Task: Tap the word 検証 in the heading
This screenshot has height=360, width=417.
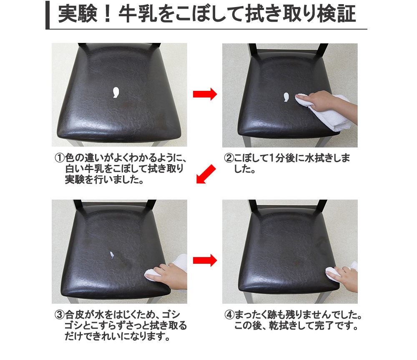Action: (x=340, y=15)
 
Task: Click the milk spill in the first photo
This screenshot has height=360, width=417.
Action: (x=116, y=92)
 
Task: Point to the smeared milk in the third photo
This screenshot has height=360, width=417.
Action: (x=112, y=255)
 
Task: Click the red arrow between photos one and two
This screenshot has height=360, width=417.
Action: (x=205, y=95)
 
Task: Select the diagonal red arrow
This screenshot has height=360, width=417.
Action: (x=206, y=174)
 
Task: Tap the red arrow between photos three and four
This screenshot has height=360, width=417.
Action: (x=205, y=261)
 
